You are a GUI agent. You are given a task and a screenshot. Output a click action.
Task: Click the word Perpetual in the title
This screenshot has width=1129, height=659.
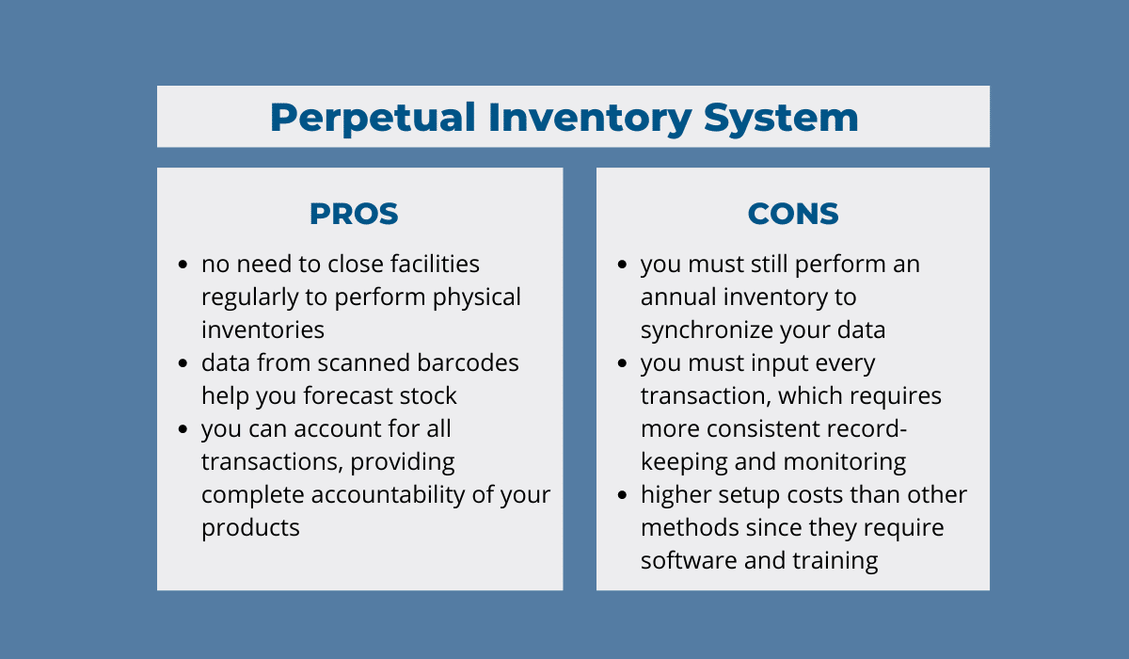coord(373,119)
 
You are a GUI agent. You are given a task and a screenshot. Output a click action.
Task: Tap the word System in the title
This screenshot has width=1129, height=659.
coord(781,119)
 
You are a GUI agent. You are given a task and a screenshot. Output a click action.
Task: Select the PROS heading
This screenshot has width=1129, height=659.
coord(354,214)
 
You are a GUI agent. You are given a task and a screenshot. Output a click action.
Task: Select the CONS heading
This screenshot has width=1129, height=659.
coord(793,214)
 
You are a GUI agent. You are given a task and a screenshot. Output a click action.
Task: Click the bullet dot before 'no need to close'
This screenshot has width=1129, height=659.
coord(183,265)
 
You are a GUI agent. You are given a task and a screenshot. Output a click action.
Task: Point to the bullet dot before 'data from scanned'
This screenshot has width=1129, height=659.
coord(183,363)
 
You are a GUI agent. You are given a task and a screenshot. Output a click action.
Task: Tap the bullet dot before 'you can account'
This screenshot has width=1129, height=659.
coord(183,429)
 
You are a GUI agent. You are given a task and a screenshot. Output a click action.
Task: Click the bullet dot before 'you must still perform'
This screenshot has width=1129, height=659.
coord(623,265)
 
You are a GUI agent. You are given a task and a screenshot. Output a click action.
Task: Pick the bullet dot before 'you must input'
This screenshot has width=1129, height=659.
coord(623,363)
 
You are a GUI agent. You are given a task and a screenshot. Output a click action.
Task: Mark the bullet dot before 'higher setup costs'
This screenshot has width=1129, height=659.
coord(623,494)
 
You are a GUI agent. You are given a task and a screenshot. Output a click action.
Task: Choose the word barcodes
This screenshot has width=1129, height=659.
coord(468,362)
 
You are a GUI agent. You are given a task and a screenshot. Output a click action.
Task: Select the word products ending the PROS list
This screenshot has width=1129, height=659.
coord(250,528)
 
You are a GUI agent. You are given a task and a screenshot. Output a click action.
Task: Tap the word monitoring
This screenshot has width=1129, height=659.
coord(845,462)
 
